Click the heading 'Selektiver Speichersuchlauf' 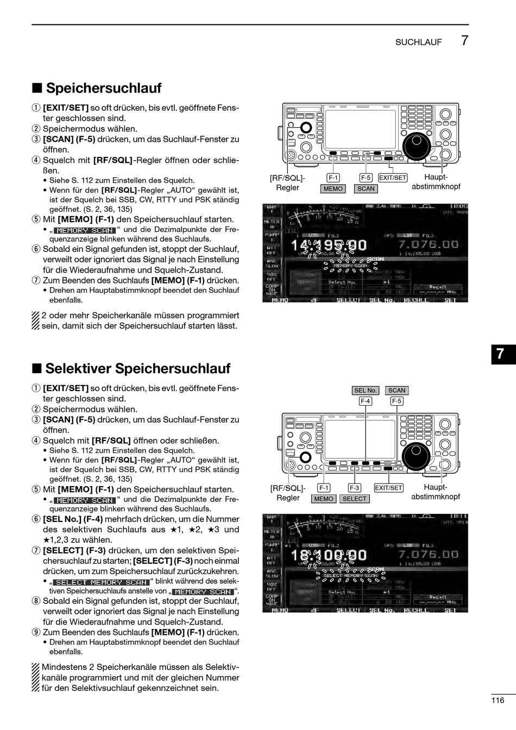pos(137,369)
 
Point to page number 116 pos(498,701)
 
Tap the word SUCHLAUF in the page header pos(418,42)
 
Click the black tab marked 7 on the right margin pos(500,354)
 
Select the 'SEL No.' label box pos(365,391)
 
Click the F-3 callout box pos(355,488)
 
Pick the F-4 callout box pos(365,401)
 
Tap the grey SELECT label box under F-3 pos(355,499)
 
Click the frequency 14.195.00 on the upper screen pos(329,246)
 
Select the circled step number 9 pos(36,632)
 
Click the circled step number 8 pos(36,601)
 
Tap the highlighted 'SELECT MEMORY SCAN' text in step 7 pos(102,582)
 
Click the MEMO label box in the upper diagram pos(333,188)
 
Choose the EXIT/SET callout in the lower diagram pos(389,488)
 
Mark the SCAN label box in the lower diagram pos(397,391)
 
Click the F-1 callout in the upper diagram pos(333,178)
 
